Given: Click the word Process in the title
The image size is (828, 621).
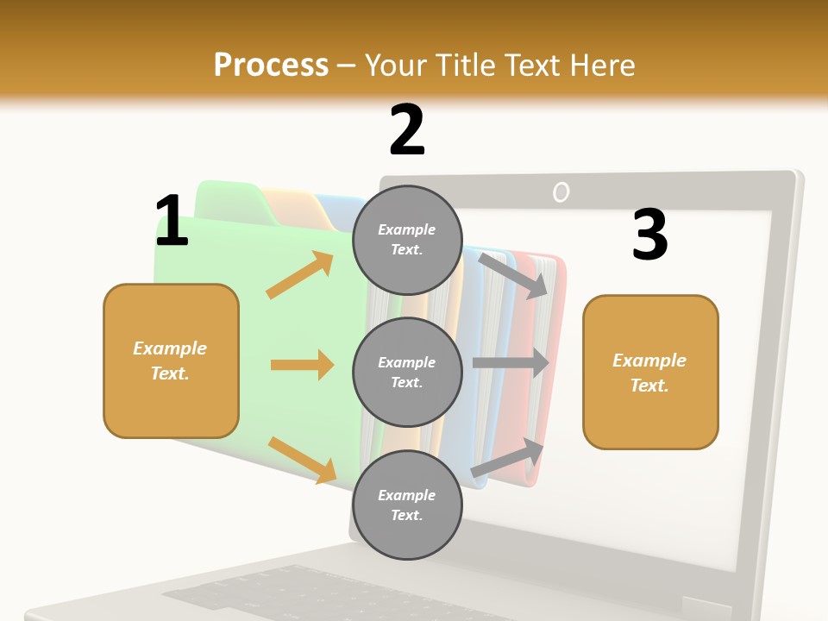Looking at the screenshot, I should click(x=271, y=66).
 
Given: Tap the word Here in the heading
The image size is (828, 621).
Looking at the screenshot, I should click(x=600, y=66).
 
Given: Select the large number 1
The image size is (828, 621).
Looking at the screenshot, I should click(x=172, y=222).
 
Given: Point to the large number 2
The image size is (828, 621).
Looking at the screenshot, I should click(x=407, y=130).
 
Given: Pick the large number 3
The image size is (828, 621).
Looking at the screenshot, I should click(x=649, y=235).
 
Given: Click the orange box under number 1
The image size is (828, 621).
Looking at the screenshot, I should click(x=171, y=361).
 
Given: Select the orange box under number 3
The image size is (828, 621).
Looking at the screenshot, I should click(x=650, y=372).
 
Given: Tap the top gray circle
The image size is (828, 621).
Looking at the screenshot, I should click(x=407, y=240).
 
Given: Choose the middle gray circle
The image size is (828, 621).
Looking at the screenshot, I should click(x=407, y=372).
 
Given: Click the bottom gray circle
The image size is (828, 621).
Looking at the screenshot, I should click(x=407, y=505).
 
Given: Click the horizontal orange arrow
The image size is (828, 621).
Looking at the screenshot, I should click(x=302, y=365).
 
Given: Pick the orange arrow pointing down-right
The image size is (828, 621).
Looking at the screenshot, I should click(x=302, y=459).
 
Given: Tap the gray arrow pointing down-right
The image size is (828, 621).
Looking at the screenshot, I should click(x=513, y=275).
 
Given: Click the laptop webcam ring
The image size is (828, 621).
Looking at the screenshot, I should click(x=561, y=192).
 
